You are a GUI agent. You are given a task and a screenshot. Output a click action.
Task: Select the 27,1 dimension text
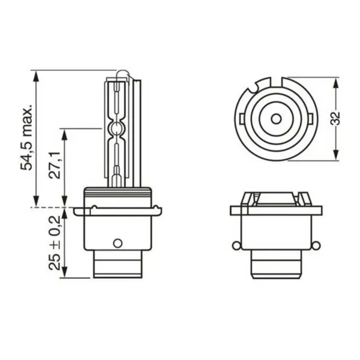point(55,166)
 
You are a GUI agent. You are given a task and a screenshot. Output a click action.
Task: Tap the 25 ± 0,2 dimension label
point(55,243)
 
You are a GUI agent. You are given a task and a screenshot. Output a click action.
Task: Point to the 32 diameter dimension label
point(335,118)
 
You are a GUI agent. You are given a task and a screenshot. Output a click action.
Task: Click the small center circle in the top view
point(276,119)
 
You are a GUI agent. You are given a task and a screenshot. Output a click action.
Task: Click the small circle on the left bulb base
point(118,244)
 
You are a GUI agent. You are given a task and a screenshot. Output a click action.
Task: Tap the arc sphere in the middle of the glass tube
point(116,127)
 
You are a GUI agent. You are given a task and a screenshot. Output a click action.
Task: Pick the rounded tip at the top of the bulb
point(122,73)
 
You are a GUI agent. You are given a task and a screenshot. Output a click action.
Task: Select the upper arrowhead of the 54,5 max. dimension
point(35,76)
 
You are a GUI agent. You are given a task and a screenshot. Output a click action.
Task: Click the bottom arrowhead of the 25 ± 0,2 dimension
point(65,272)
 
